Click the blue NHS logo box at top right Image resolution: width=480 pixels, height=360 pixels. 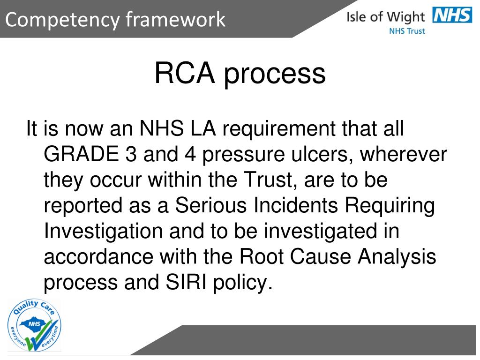[x=452, y=16]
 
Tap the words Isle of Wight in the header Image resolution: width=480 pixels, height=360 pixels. [x=385, y=17]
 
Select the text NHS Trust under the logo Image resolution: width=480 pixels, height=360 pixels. [x=407, y=31]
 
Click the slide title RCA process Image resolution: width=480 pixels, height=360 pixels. [x=240, y=74]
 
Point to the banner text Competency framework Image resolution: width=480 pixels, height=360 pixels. [x=116, y=20]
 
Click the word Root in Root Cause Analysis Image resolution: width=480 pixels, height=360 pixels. [x=262, y=257]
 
